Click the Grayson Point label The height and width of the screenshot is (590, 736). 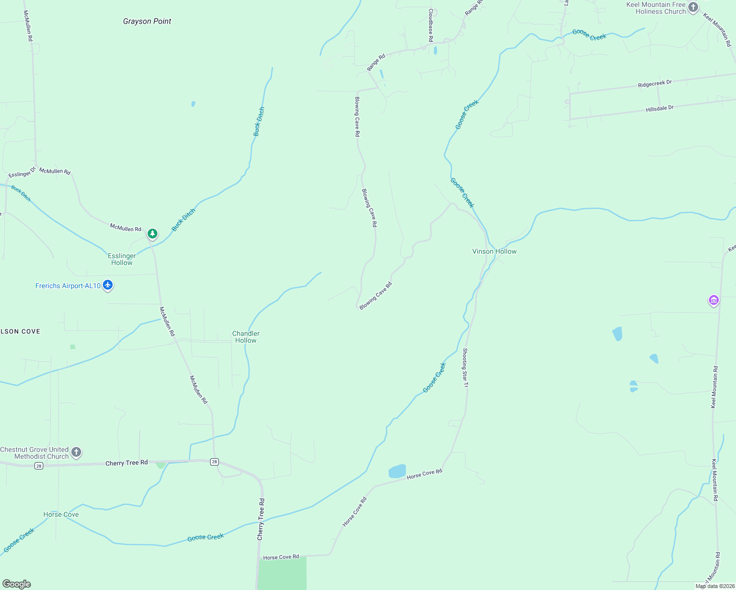click(147, 21)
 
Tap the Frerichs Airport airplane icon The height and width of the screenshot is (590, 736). click(108, 285)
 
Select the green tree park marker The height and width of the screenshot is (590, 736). click(153, 234)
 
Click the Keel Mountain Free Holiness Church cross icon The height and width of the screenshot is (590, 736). click(693, 7)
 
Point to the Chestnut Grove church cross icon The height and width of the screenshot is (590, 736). click(76, 452)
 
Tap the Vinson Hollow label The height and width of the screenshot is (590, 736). click(494, 251)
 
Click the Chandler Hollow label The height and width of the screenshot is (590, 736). click(245, 337)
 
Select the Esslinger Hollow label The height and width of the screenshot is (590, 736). click(122, 259)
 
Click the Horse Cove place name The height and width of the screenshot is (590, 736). click(61, 514)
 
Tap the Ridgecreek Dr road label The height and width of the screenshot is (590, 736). click(654, 84)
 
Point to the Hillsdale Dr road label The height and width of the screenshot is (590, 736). click(659, 109)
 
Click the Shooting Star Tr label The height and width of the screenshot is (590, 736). click(465, 367)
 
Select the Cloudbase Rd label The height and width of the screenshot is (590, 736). click(430, 25)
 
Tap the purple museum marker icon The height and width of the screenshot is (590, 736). click(713, 300)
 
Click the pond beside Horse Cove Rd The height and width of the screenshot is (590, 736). click(397, 471)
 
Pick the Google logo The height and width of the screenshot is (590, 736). click(17, 584)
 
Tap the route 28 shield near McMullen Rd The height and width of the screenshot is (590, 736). click(214, 462)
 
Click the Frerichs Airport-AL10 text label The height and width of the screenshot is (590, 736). click(68, 286)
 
